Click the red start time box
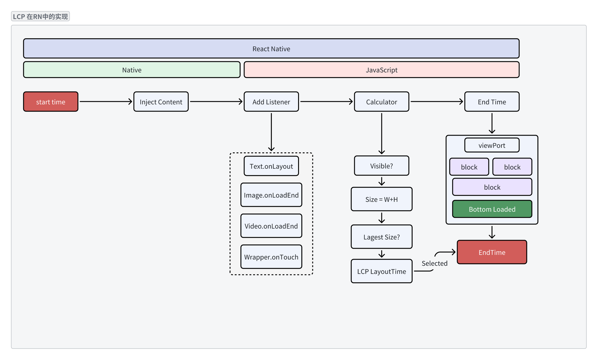(51, 102)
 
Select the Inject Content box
(161, 102)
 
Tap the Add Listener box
(271, 102)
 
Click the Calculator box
(382, 102)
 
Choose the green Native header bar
(132, 70)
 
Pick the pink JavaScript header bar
(382, 70)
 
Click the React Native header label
(271, 49)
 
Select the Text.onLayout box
(271, 166)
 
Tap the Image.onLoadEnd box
(271, 195)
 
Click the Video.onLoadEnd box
(271, 226)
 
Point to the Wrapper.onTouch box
(271, 257)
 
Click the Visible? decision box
(382, 166)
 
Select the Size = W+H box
(382, 199)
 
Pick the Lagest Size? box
(382, 237)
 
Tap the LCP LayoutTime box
(382, 271)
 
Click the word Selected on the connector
(434, 263)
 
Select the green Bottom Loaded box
(492, 209)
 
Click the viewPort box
(492, 145)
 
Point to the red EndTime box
(492, 252)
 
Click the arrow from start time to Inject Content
(106, 102)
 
